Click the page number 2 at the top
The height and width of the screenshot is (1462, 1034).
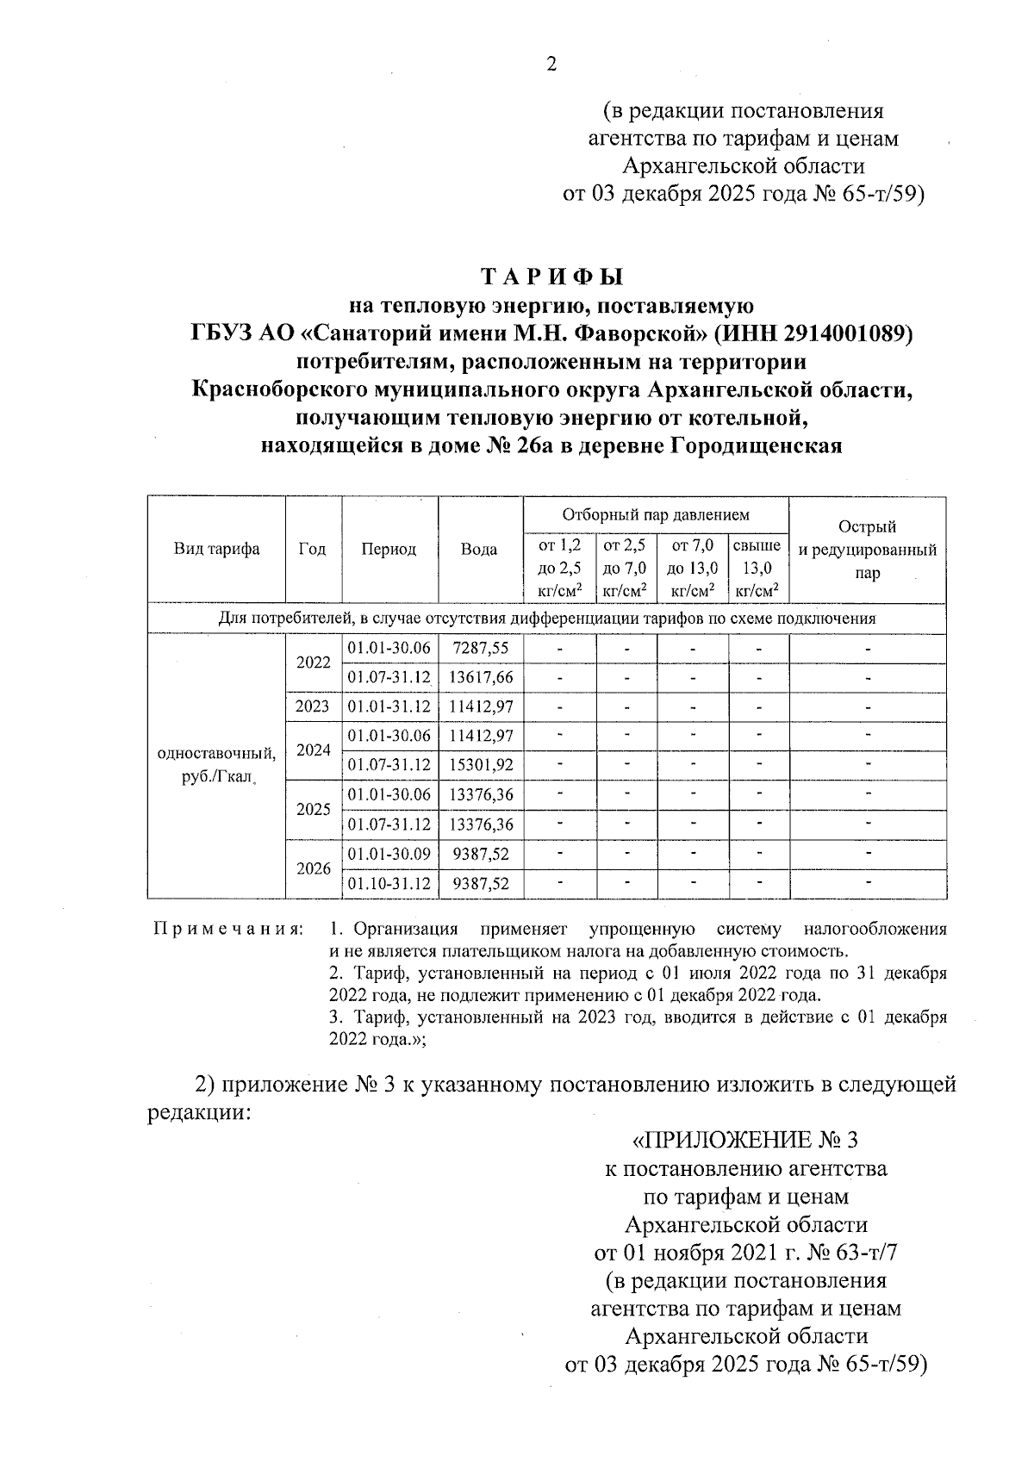551,65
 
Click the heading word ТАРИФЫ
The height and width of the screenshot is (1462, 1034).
551,277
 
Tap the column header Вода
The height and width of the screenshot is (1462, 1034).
479,550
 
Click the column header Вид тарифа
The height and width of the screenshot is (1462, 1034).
216,550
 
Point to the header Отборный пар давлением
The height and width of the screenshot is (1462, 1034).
656,515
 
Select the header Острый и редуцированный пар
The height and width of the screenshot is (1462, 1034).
867,550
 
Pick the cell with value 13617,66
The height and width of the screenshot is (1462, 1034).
481,678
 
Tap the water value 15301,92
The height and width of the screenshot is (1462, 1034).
481,765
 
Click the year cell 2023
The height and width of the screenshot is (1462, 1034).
312,707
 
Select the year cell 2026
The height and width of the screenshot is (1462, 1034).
313,868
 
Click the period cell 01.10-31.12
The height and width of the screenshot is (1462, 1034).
389,884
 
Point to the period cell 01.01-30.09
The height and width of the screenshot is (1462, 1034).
389,854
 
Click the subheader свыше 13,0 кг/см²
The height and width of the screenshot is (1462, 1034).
757,568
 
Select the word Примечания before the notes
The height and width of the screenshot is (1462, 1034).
228,930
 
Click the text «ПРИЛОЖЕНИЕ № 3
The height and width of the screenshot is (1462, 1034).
745,1141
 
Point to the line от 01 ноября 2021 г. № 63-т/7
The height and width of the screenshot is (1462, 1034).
746,1252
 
